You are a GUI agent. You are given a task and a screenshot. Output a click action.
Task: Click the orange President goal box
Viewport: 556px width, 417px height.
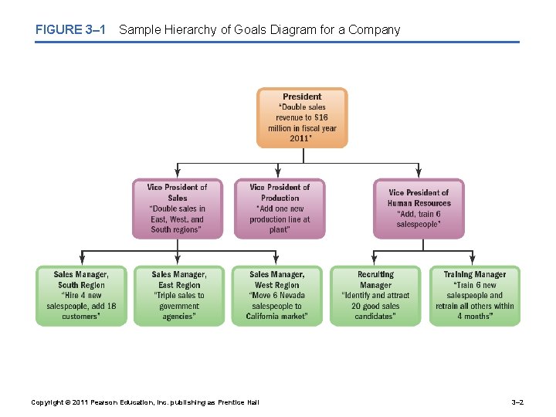(302, 117)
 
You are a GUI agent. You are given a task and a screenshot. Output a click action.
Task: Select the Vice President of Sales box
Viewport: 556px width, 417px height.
(178, 208)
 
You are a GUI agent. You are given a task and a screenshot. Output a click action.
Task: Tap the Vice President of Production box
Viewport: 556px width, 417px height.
(279, 208)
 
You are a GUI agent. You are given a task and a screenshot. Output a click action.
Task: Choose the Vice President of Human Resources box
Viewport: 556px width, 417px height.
(419, 208)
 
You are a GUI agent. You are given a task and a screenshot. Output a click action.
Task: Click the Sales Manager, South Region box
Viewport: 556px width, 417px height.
(81, 296)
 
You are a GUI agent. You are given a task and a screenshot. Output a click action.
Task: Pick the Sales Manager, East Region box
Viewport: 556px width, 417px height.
(179, 296)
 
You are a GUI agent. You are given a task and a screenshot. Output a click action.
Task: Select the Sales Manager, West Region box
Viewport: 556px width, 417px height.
(277, 296)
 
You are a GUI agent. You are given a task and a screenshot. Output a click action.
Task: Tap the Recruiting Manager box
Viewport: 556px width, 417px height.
(376, 296)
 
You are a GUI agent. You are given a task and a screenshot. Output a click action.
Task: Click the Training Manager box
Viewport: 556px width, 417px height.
(474, 296)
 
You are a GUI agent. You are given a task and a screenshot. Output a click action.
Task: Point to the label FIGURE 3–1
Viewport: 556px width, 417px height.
(69, 30)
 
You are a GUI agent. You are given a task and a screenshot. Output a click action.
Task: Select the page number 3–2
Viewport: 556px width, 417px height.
(518, 402)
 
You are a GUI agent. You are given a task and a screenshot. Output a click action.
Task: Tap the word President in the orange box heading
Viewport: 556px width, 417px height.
(302, 97)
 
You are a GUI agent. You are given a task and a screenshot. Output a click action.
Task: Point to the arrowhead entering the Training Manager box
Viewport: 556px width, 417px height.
(474, 263)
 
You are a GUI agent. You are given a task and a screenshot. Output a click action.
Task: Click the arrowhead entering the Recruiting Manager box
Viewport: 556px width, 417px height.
(376, 263)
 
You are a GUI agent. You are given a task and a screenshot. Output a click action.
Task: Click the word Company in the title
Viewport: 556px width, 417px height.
(375, 30)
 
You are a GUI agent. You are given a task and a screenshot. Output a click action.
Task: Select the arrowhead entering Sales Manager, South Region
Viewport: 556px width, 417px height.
(81, 263)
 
